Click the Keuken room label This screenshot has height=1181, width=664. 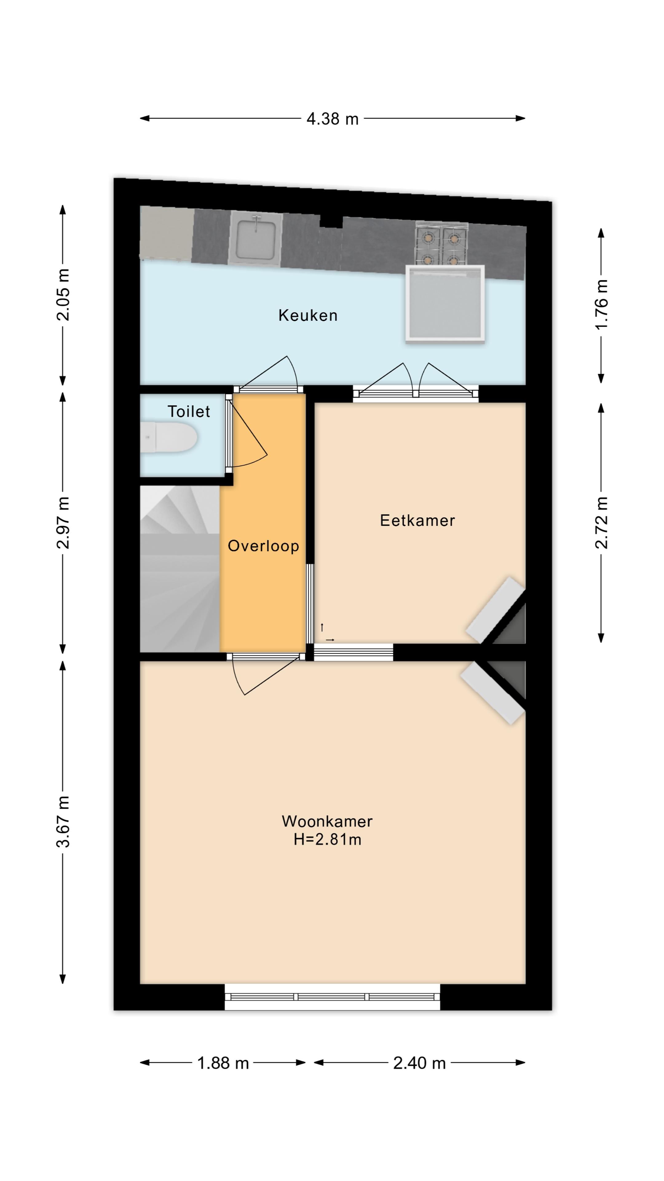(x=308, y=316)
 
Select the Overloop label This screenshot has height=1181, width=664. (x=263, y=546)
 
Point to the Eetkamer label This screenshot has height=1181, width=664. (x=417, y=520)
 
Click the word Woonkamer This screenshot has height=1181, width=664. (x=327, y=821)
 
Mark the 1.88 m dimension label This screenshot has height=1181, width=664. (x=223, y=1063)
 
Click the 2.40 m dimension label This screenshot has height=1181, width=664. (x=419, y=1063)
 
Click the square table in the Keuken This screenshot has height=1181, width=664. (x=445, y=304)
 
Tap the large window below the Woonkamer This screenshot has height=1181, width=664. (x=332, y=997)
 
